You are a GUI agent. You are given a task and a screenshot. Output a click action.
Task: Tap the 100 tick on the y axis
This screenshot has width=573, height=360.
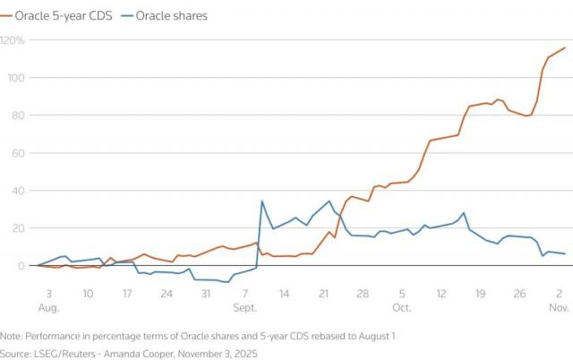(13, 78)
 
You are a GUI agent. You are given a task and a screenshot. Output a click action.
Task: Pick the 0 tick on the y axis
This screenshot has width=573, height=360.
(8, 266)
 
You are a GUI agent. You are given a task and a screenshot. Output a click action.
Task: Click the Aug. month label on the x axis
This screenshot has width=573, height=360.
(48, 307)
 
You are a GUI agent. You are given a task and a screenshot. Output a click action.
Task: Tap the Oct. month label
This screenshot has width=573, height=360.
(400, 307)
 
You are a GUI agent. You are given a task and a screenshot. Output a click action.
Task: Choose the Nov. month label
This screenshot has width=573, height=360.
(559, 307)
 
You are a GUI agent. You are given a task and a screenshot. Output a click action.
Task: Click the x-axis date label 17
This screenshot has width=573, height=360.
(127, 293)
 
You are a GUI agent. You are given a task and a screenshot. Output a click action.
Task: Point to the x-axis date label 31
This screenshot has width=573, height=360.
(205, 293)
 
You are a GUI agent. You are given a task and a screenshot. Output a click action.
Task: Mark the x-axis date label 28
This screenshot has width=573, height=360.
(363, 293)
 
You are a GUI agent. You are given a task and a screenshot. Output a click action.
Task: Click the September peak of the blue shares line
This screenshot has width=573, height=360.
(261, 201)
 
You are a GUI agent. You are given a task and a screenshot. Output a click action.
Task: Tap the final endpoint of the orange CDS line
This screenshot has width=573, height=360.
(565, 48)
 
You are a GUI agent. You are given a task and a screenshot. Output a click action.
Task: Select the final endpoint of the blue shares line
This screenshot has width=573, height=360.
(565, 254)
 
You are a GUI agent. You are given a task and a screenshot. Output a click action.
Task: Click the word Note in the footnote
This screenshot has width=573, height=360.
(13, 335)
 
